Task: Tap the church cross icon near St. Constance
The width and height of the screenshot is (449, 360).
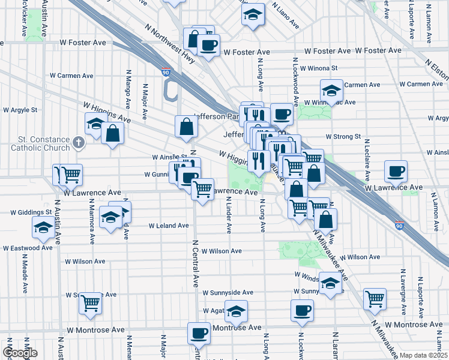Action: [x=77, y=143]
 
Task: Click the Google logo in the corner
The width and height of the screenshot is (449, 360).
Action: [x=19, y=353]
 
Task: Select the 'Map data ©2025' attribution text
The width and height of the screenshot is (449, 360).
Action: [x=423, y=355]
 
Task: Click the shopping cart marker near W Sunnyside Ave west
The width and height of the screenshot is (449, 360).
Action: [x=90, y=302]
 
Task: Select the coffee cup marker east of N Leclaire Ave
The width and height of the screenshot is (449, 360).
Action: [x=396, y=171]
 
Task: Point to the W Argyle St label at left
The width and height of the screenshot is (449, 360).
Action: [x=20, y=110]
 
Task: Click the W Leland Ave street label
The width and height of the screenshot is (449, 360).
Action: [x=169, y=226]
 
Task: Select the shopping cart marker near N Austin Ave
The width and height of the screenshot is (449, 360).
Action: [x=71, y=175]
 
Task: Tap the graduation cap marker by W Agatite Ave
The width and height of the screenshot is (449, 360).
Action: [x=237, y=311]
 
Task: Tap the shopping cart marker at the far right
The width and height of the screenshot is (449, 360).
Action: [x=375, y=297]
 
